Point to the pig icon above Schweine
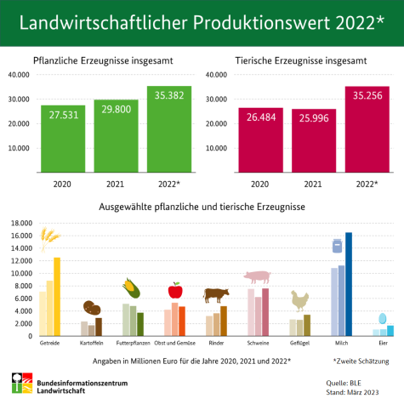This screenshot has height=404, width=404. pos(257,277)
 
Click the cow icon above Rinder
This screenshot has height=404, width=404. pos(216,295)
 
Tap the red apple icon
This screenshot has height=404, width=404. pos(174,290)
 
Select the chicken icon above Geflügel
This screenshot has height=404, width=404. pos(299,300)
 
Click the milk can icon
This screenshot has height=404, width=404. pos(337,247)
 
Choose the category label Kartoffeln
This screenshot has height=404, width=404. pos(92,342)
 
